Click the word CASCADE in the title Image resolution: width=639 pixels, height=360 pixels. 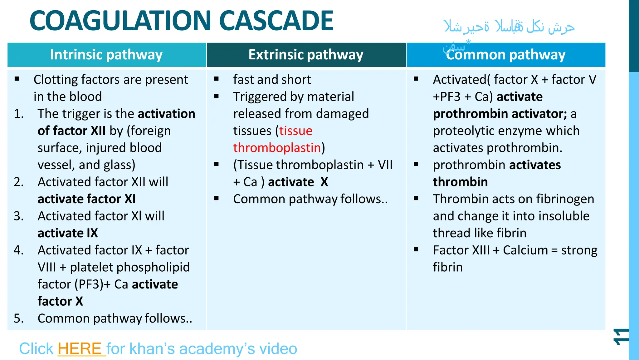pos(276,21)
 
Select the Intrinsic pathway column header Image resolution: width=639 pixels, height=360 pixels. pos(106,55)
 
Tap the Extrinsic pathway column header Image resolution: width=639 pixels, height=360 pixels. pos(306,55)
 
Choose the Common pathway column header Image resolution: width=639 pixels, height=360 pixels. pos(505,55)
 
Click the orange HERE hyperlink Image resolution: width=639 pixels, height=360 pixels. pos(80,349)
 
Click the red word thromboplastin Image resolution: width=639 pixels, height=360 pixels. pos(277,148)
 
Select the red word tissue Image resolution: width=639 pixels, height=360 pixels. pos(295,131)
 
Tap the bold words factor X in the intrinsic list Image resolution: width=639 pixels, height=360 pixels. pos(60,301)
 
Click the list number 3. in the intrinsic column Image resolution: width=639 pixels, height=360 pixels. pos(19,216)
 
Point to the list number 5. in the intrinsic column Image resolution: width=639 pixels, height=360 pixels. pos(19,318)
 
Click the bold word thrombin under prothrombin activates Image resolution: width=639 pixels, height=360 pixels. pos(460,182)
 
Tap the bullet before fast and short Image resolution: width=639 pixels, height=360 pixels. pos(217,79)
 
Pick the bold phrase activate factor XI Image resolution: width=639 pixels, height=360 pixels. pos(86,199)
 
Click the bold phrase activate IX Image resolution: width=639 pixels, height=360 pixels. pos(68,233)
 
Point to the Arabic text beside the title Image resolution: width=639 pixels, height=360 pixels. pos(509,27)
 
